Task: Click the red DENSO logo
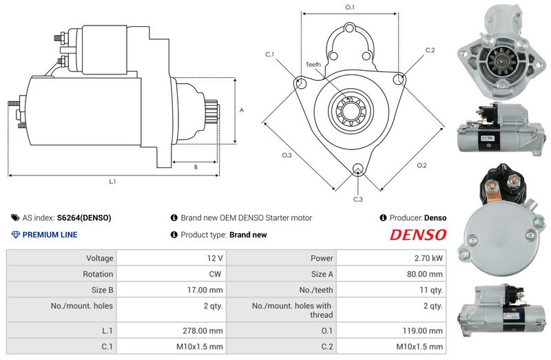click(418, 235)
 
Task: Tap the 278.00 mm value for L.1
click(202, 330)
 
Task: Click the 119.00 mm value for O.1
click(423, 330)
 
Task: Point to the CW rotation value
click(215, 274)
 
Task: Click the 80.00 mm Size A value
click(425, 274)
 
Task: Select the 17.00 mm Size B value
click(205, 290)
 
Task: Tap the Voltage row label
click(100, 258)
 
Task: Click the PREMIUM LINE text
click(50, 235)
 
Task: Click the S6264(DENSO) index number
click(84, 218)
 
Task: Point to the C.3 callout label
click(357, 199)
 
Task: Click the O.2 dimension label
click(422, 165)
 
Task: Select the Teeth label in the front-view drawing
click(313, 64)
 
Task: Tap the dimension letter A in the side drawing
click(242, 110)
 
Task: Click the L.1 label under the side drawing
click(112, 181)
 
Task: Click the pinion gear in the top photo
click(502, 62)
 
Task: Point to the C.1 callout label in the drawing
click(269, 54)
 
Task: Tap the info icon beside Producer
click(383, 218)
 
